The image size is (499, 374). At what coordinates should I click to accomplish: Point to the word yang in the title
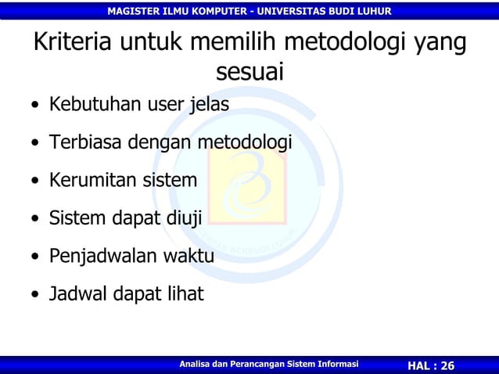click(436, 44)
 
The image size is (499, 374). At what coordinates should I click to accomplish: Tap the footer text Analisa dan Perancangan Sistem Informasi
click(268, 365)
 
